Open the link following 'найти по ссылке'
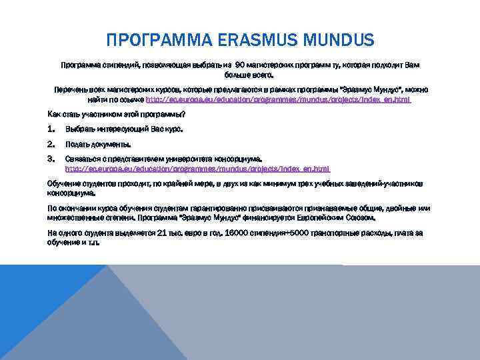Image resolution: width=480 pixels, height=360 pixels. click(x=278, y=99)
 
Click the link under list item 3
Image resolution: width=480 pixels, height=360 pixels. click(x=197, y=169)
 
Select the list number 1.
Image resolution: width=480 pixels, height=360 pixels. click(x=51, y=129)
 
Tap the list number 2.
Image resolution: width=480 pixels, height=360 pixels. click(x=51, y=144)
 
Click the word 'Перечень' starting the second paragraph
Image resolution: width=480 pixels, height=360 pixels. click(x=70, y=89)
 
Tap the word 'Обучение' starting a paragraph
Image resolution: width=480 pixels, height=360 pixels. click(x=63, y=183)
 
